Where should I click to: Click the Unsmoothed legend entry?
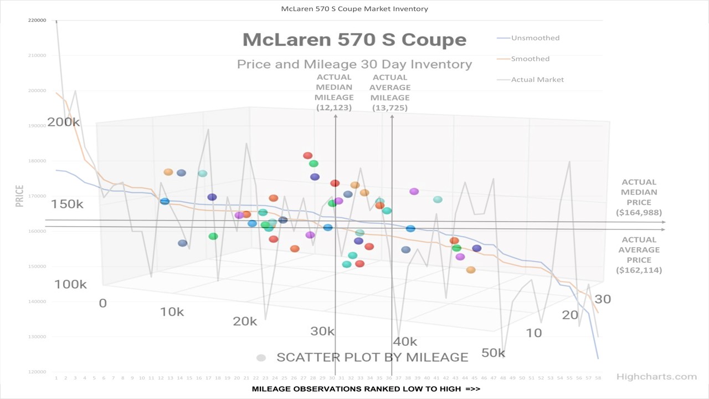tap(535, 38)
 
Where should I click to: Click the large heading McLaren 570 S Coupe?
tap(354, 40)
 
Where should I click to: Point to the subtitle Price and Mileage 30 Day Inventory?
tap(354, 64)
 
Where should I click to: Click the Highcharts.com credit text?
tap(656, 377)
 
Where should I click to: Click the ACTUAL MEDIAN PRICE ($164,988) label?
tap(639, 197)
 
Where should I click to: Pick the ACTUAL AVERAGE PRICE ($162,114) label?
tap(639, 255)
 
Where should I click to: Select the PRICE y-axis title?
tap(19, 196)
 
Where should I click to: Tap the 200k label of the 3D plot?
tap(64, 122)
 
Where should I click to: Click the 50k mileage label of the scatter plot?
tap(493, 353)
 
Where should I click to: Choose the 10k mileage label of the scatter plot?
tap(172, 312)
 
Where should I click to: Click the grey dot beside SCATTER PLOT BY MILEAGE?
tap(261, 358)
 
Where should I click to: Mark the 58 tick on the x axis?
tap(598, 378)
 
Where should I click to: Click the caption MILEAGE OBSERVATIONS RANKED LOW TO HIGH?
tap(366, 389)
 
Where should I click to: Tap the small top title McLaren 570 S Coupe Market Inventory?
tap(354, 9)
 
